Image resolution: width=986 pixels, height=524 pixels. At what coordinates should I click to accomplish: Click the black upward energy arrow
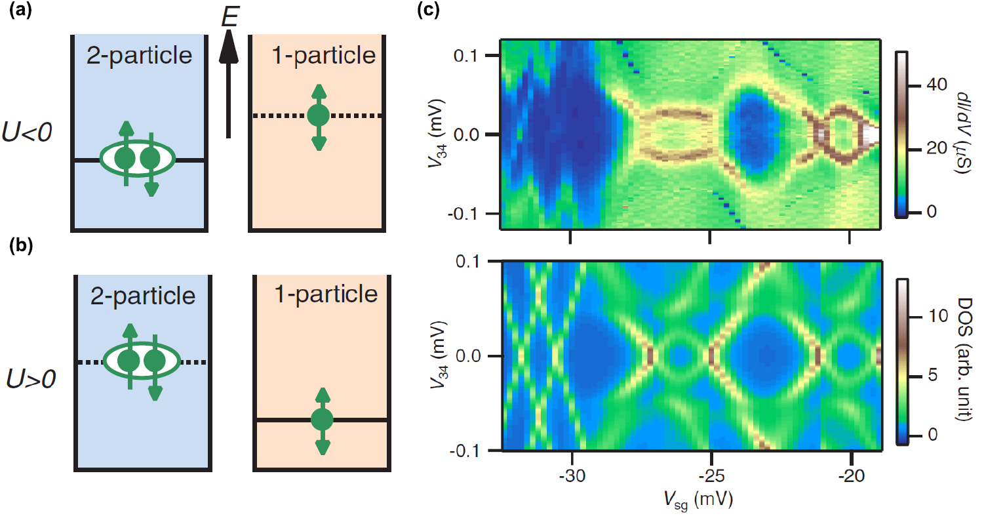(x=227, y=85)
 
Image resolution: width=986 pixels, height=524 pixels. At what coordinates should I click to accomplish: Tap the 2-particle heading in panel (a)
(x=139, y=55)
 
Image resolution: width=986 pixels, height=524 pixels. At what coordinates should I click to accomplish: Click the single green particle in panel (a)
(x=318, y=116)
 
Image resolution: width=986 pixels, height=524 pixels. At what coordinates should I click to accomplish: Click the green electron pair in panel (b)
(x=140, y=361)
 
